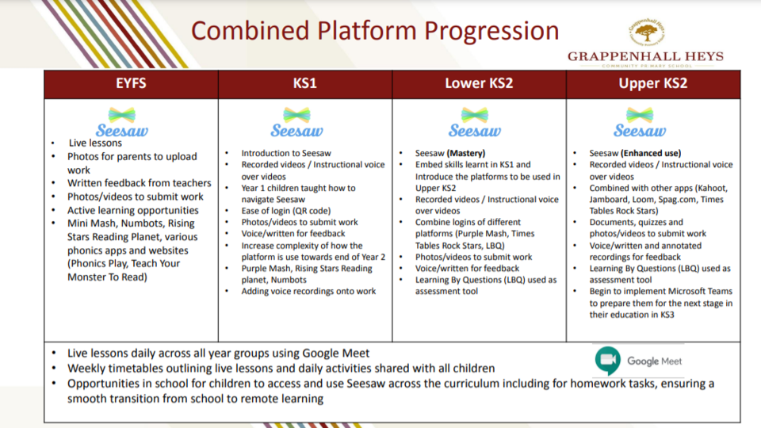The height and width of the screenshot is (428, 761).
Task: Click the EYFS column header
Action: coord(131,83)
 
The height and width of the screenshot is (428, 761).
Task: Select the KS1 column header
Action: coord(304,83)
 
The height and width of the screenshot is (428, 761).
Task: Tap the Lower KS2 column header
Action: coord(479,83)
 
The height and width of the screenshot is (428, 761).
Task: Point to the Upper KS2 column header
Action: coord(652,83)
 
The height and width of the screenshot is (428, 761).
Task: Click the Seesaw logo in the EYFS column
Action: coord(122,122)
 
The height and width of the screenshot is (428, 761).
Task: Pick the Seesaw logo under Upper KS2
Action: coord(640,122)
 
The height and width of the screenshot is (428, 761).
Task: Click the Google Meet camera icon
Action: coord(608,361)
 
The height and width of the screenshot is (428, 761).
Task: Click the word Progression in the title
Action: coord(491,32)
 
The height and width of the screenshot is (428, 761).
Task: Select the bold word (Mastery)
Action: coord(466,153)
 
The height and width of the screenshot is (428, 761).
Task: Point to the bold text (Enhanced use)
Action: coord(651,153)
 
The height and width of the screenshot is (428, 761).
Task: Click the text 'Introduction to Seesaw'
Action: coord(286,153)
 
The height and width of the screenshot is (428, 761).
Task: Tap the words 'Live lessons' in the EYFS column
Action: coord(95,143)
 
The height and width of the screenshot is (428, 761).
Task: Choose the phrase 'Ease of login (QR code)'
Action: coord(286,211)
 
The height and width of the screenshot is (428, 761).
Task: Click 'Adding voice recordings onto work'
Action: coord(308,291)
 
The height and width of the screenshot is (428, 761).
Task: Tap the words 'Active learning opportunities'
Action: coord(133,211)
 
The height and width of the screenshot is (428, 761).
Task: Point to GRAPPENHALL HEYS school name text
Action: coord(645,57)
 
